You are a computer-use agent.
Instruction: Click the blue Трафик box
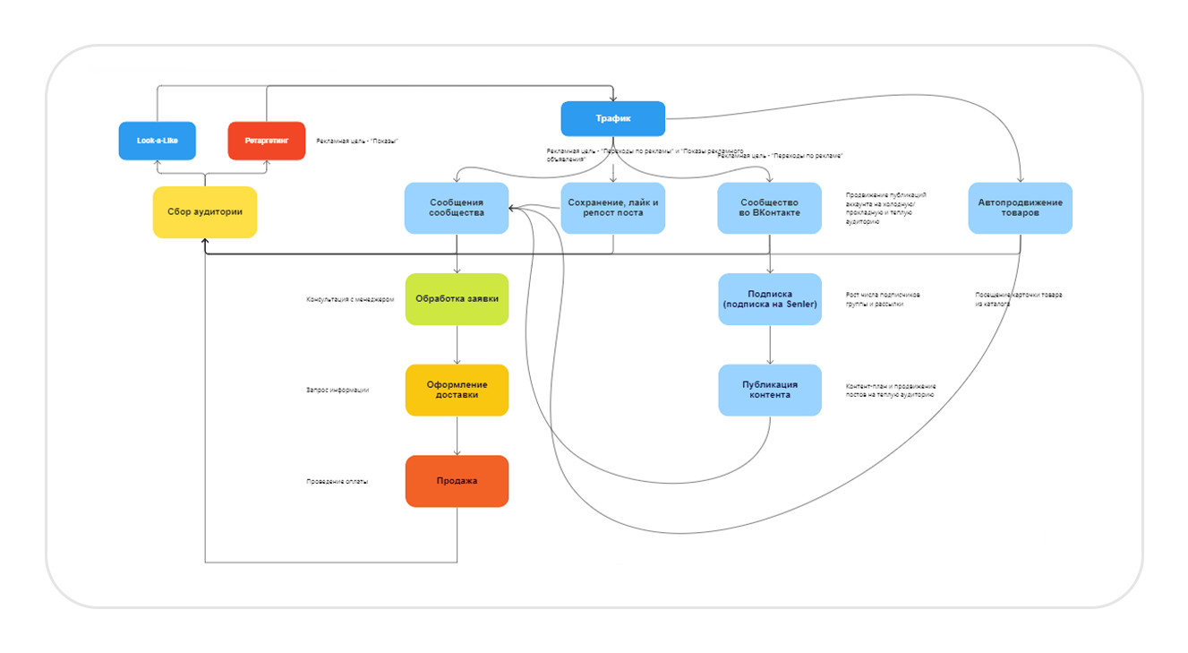click(612, 119)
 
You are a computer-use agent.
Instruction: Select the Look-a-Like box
click(157, 141)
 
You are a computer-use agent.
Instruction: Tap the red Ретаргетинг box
click(266, 141)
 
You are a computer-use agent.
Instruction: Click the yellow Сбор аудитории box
click(204, 212)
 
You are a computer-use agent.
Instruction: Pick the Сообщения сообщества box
click(457, 208)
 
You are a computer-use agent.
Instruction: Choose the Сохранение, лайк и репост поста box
click(612, 208)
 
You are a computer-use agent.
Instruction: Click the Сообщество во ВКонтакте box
click(769, 208)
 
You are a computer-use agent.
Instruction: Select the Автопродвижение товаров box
click(1020, 208)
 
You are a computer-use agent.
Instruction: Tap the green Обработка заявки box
click(457, 299)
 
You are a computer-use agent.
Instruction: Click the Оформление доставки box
click(457, 390)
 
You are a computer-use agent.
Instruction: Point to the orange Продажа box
click(457, 481)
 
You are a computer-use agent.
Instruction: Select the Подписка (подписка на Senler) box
click(769, 299)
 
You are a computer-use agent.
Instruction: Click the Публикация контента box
click(769, 390)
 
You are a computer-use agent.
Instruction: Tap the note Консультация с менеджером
click(350, 300)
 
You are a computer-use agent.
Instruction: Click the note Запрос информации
click(338, 391)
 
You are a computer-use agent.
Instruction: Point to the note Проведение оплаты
click(338, 482)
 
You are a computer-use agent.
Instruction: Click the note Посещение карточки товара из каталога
click(1018, 299)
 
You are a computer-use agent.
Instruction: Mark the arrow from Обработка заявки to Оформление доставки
click(457, 345)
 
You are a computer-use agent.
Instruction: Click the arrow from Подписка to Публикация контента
click(770, 345)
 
